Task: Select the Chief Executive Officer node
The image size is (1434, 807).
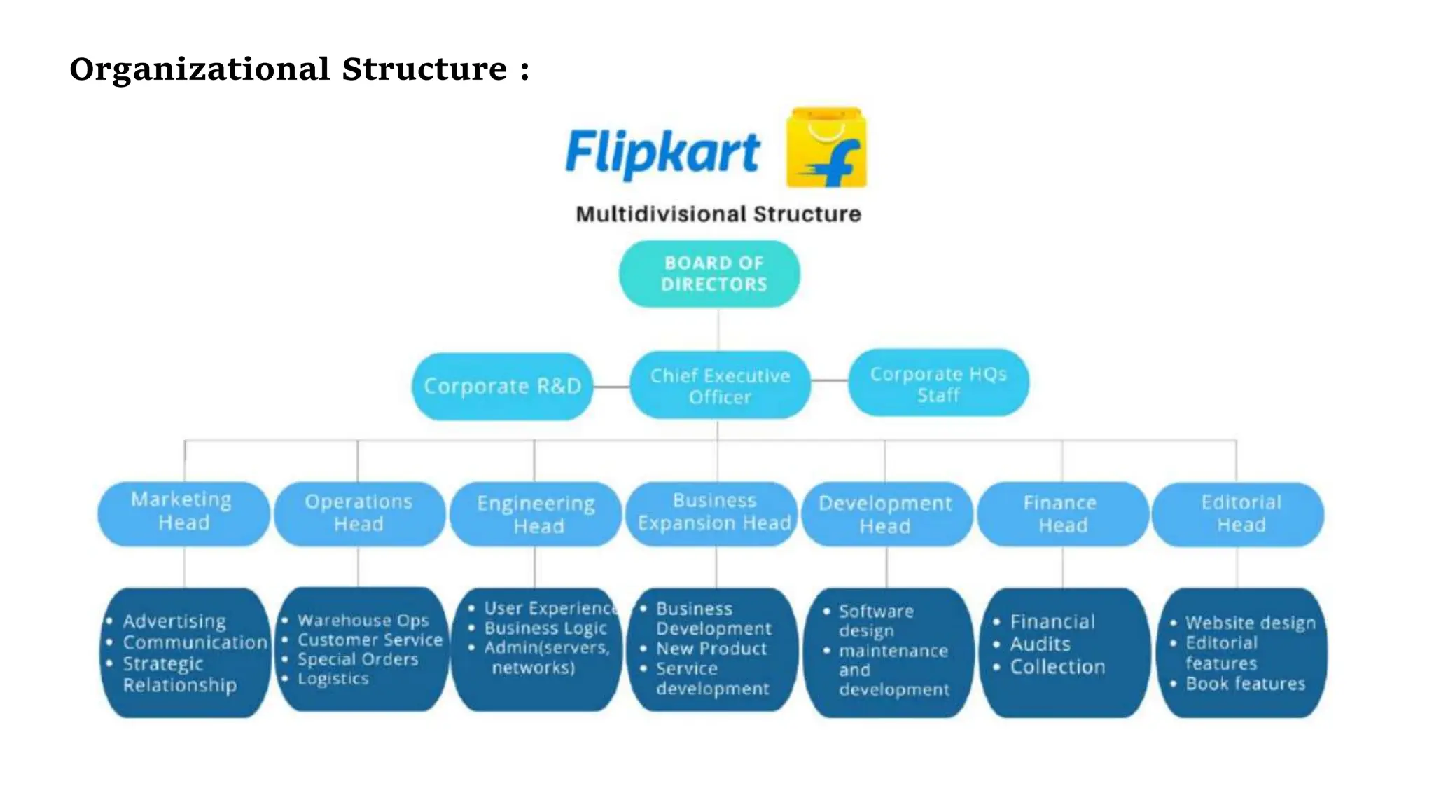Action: click(720, 385)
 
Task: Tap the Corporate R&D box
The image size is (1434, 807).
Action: click(502, 386)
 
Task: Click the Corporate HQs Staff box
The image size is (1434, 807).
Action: click(938, 384)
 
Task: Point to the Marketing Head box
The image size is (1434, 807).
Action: click(183, 512)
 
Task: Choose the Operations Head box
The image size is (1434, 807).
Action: click(358, 513)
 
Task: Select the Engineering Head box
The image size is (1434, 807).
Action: click(536, 513)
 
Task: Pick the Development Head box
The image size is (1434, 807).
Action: click(886, 513)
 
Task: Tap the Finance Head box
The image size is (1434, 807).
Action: click(1061, 513)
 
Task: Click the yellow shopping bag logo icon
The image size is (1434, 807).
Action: click(826, 148)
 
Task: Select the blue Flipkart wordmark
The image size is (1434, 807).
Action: click(662, 153)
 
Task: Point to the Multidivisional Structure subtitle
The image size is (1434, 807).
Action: click(718, 214)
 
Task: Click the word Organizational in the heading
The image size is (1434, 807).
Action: click(200, 69)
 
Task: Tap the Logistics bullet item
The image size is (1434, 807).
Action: click(333, 678)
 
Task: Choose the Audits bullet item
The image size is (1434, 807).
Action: click(1040, 644)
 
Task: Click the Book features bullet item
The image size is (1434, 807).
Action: click(1245, 683)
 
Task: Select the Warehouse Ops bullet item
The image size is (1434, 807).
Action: click(363, 620)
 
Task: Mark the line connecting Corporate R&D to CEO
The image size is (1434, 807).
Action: click(611, 387)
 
